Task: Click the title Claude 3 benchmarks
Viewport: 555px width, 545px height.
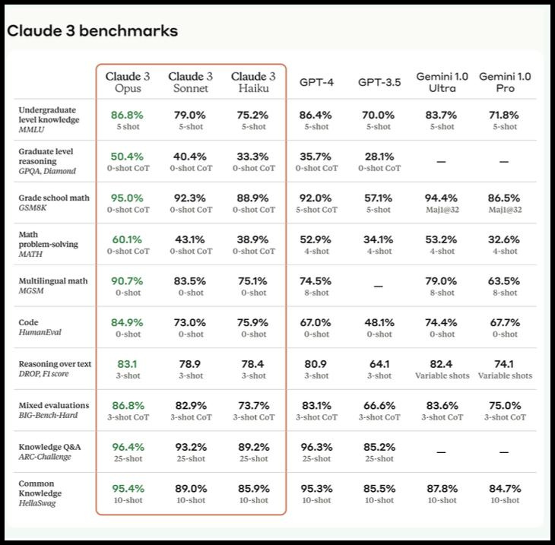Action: (92, 31)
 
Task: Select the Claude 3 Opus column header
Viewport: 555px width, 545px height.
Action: (128, 82)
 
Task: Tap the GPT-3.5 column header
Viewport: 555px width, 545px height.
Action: (379, 82)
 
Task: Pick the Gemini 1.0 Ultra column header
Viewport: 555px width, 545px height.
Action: (442, 82)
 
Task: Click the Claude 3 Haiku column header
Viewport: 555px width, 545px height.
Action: (253, 82)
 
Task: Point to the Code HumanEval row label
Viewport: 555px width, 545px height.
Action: (39, 328)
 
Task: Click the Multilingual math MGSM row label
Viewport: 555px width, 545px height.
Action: (52, 286)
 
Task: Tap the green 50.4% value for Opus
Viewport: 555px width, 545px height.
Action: (127, 157)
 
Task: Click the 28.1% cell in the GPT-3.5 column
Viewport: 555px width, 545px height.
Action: (379, 157)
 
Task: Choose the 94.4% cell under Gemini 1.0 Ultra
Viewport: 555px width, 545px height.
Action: (442, 198)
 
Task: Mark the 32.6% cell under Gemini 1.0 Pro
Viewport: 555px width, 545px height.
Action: (504, 239)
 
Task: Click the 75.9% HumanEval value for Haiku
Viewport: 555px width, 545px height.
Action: (253, 322)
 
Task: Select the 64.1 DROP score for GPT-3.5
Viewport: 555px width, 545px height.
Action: (379, 364)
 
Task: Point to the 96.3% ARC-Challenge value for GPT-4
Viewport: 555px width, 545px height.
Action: (316, 447)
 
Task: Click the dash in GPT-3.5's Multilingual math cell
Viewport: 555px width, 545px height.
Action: (379, 287)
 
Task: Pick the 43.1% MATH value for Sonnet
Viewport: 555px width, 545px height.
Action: (190, 239)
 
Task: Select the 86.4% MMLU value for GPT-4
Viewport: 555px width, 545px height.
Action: (316, 116)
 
